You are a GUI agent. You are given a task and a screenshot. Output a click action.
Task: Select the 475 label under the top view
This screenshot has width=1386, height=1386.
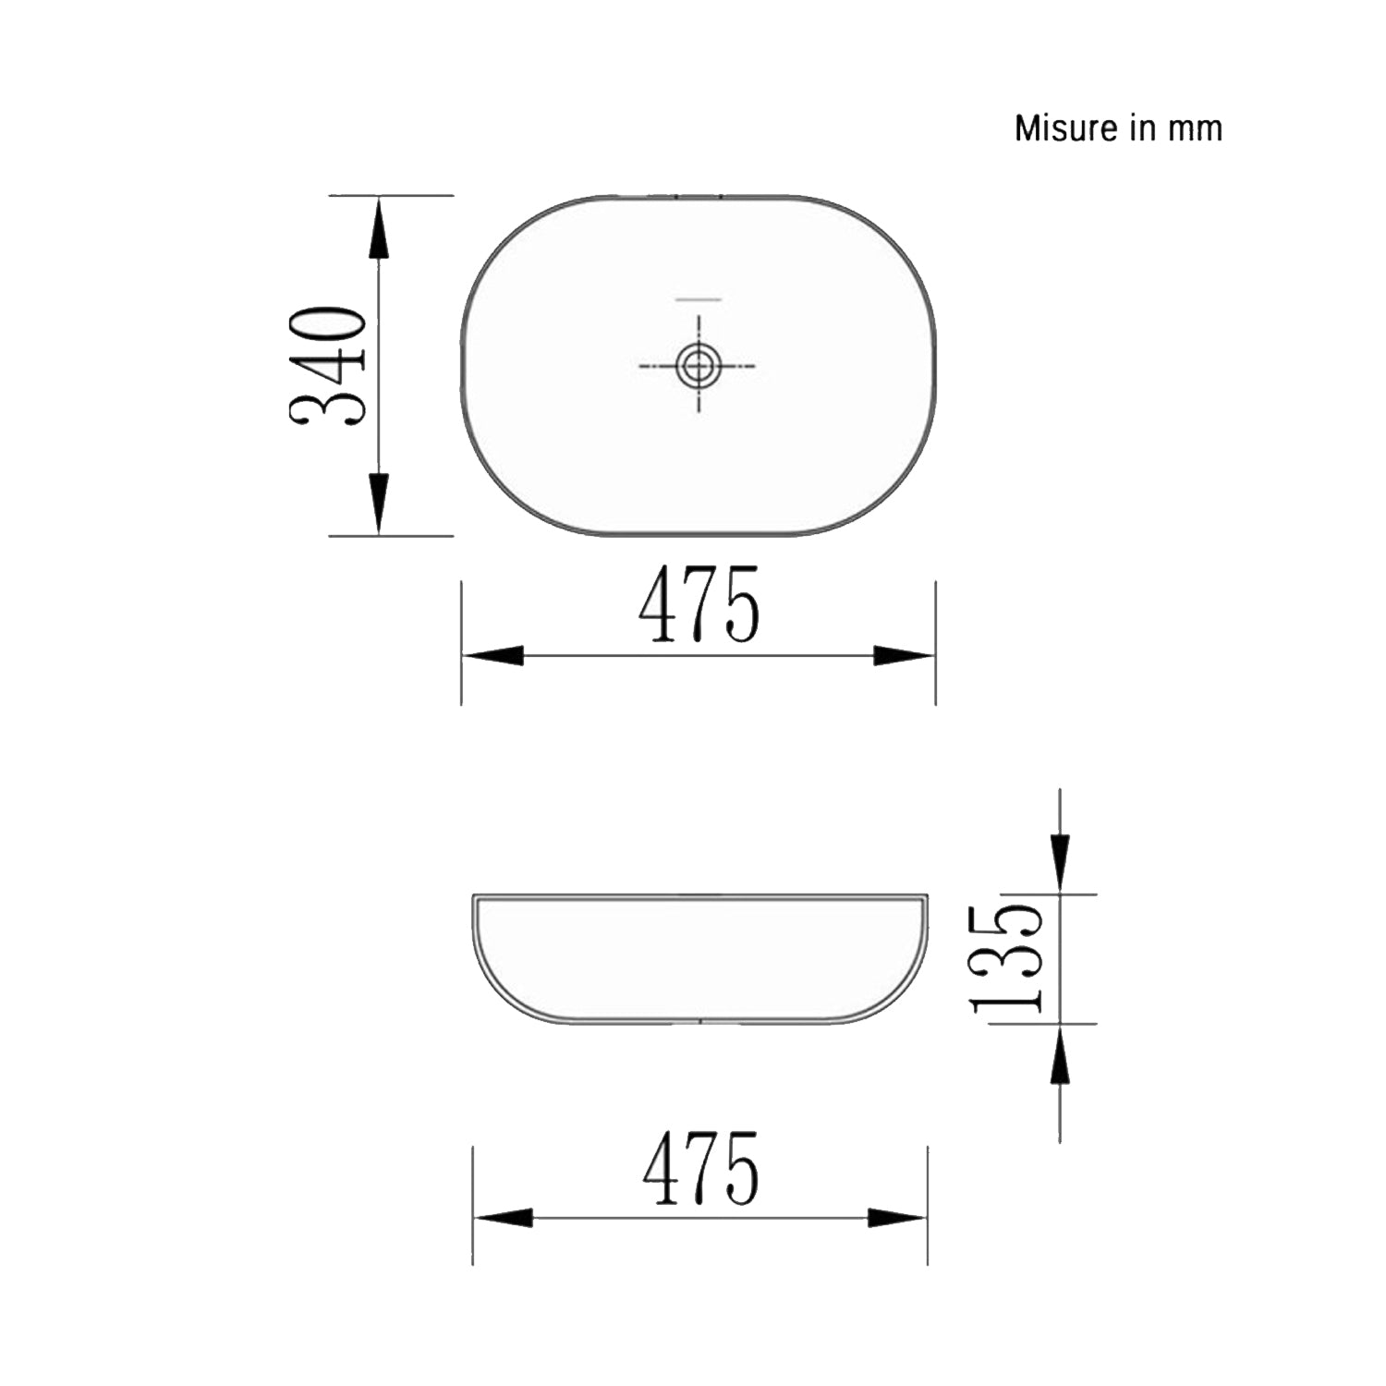[699, 605]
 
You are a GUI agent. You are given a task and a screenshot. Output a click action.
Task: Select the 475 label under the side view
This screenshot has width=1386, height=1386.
[700, 1169]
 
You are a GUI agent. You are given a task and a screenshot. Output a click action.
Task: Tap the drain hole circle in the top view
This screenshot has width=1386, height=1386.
[699, 366]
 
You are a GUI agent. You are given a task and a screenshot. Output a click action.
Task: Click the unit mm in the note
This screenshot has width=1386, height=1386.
[1195, 128]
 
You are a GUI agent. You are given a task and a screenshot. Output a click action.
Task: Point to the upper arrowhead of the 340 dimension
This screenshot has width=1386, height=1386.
[379, 230]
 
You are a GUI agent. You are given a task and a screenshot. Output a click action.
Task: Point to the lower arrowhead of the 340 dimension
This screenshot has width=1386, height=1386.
[379, 502]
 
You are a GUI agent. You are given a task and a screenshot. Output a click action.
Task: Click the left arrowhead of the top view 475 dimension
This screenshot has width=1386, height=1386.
[493, 656]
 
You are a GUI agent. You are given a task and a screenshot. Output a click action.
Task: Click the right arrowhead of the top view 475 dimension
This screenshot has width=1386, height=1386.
[904, 656]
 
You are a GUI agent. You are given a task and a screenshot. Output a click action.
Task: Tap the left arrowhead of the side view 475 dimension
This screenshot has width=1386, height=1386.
[504, 1218]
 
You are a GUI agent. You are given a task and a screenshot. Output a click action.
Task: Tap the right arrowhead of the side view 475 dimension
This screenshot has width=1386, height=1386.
[896, 1218]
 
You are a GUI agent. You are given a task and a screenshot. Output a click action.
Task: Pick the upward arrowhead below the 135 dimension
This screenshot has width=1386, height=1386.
[1060, 1057]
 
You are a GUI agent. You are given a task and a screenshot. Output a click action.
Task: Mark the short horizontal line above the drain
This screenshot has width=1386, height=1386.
[699, 299]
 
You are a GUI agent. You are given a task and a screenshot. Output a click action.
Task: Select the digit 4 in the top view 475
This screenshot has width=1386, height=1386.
[658, 605]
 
